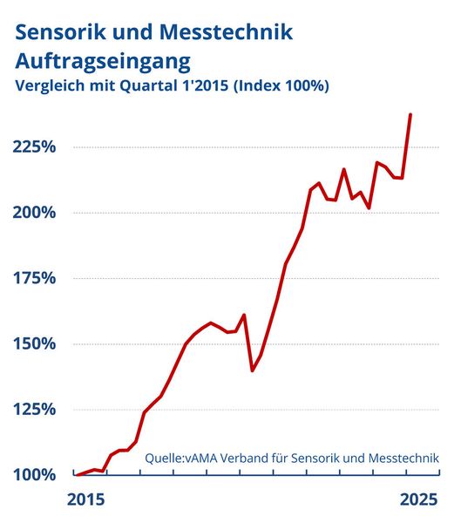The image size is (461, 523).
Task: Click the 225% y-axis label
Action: (35, 147)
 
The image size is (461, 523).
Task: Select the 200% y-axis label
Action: (35, 213)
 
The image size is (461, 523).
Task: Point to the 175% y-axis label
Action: (35, 278)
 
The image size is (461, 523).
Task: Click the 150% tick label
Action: (35, 343)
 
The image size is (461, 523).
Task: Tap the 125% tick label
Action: (35, 409)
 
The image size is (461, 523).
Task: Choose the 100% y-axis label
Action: (35, 474)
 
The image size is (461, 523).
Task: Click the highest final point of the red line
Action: (410, 114)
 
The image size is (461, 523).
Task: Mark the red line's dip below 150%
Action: (253, 370)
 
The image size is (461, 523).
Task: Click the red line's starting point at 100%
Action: (76, 474)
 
